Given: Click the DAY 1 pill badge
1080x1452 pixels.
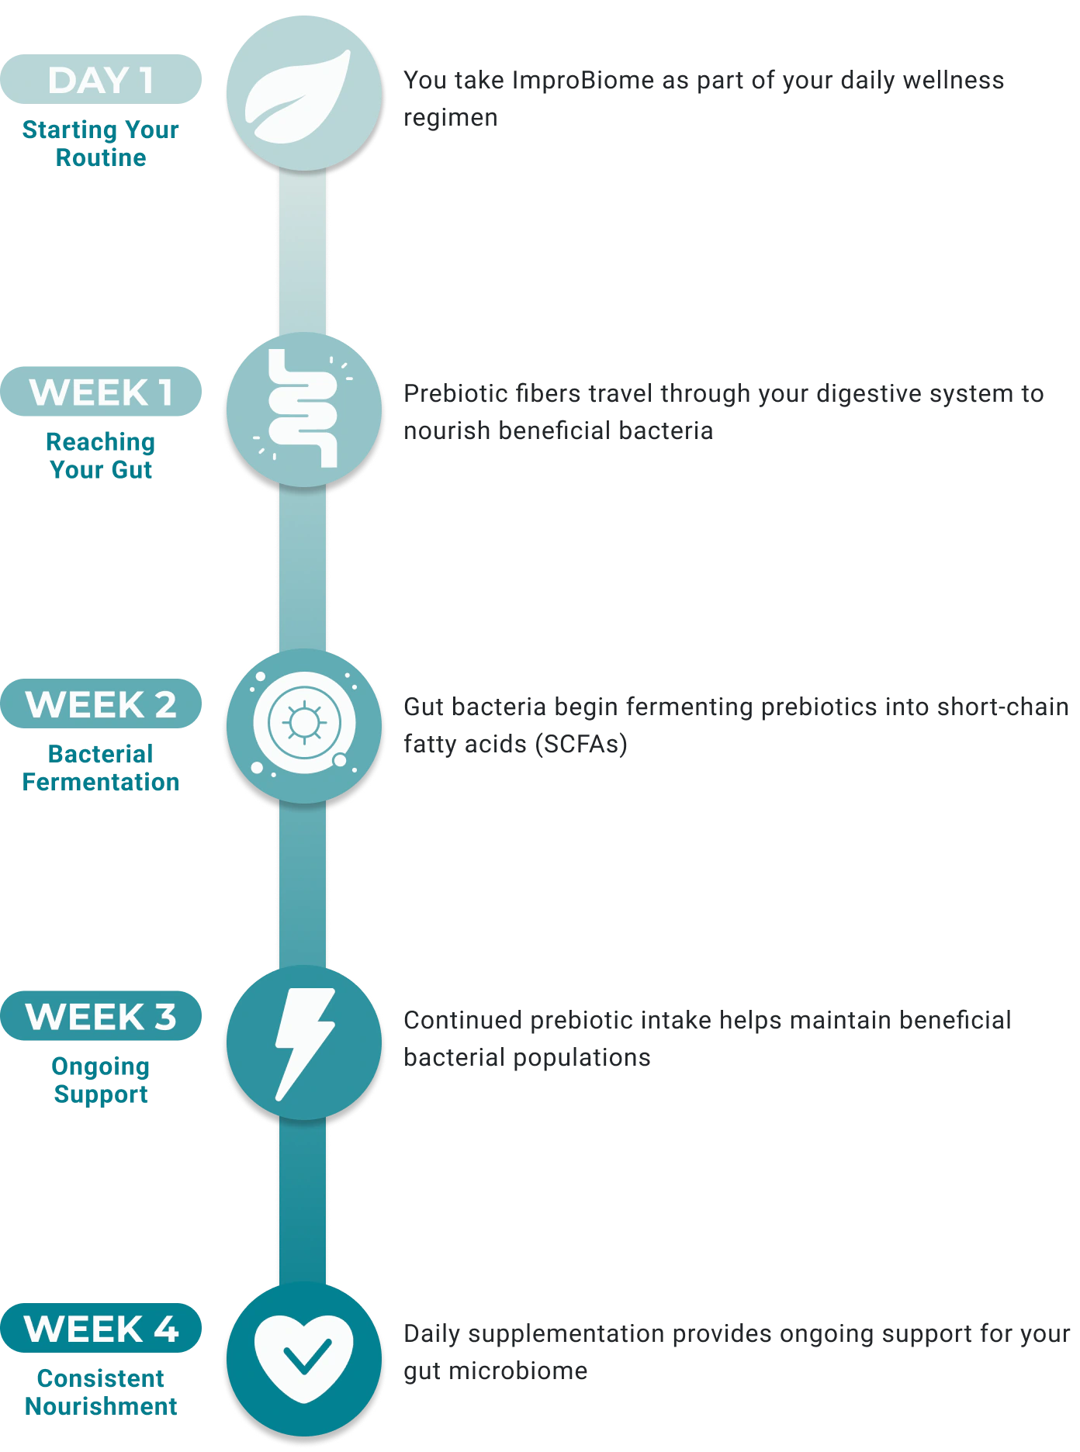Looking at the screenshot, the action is click(x=101, y=79).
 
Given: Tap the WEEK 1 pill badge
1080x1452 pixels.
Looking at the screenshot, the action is click(x=101, y=392).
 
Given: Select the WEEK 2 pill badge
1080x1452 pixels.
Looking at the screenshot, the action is click(x=101, y=704).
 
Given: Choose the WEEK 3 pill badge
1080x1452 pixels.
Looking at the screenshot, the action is click(x=101, y=1016).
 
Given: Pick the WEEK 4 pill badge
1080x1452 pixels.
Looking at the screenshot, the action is click(x=101, y=1329).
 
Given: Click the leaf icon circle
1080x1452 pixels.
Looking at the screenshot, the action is click(x=304, y=93).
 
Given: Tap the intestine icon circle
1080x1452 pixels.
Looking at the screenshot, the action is click(x=304, y=410).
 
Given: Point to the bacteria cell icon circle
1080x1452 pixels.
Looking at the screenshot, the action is click(x=304, y=726).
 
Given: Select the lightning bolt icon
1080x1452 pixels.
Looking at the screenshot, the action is click(x=305, y=1044).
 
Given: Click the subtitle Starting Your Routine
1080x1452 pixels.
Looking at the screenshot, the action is click(x=101, y=143).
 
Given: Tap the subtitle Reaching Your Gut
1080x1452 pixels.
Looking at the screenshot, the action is click(x=101, y=456).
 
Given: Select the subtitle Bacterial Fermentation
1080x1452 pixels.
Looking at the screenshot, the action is click(x=101, y=768).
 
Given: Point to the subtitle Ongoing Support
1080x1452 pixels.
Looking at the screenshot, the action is click(x=101, y=1080).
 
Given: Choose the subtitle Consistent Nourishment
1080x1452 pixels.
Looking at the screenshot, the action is click(x=101, y=1392).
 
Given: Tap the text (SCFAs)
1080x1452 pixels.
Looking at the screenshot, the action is click(x=581, y=745).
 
